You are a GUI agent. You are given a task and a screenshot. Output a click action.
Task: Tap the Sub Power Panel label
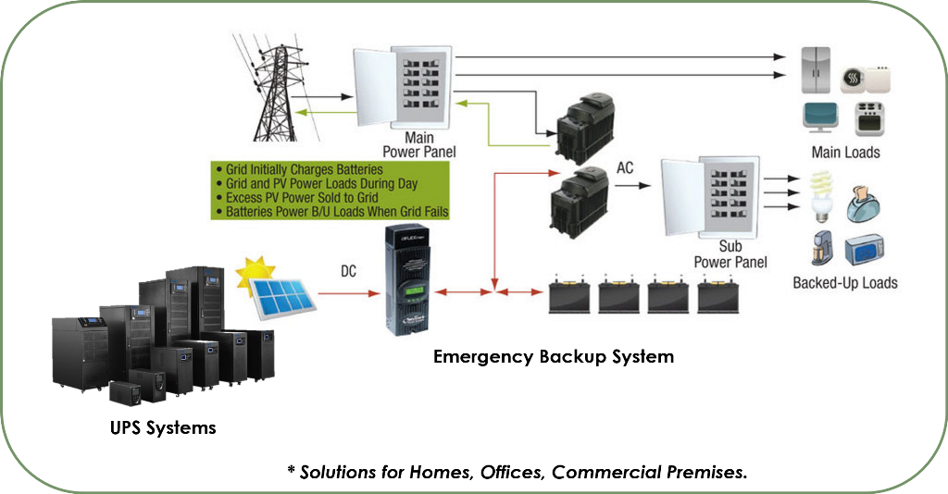[x=730, y=254]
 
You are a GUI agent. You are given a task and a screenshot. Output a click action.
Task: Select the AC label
[x=627, y=168]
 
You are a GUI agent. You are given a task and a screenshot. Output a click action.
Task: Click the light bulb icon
[x=819, y=196]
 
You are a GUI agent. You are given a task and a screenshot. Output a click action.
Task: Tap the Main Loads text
[x=845, y=152]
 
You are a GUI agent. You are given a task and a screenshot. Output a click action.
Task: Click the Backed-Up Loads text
[x=845, y=282]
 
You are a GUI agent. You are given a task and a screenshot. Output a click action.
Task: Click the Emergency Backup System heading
[x=554, y=356]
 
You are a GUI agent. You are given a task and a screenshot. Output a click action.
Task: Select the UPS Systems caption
[x=161, y=427]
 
